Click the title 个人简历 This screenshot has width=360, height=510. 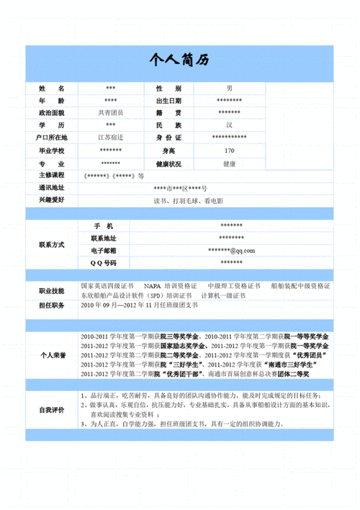(x=179, y=61)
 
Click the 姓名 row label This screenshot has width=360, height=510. (x=51, y=88)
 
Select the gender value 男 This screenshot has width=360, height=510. (x=229, y=88)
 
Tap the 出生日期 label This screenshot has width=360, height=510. (x=168, y=101)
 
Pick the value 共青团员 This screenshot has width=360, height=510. (x=110, y=113)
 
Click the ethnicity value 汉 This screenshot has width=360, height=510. (x=229, y=125)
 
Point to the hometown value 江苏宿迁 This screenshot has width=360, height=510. (x=110, y=138)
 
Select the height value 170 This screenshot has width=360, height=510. (x=229, y=151)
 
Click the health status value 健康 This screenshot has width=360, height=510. (x=229, y=164)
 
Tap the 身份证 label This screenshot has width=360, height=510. (x=168, y=138)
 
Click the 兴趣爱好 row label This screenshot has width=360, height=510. (x=51, y=200)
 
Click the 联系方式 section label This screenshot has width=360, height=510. (x=51, y=245)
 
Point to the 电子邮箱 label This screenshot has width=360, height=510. (x=104, y=251)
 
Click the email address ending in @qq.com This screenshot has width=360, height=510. (x=231, y=251)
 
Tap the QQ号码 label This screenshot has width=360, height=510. (x=104, y=263)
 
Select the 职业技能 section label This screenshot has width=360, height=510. (x=51, y=291)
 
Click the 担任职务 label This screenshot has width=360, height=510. (x=51, y=306)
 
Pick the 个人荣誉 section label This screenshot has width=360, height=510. (x=51, y=355)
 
